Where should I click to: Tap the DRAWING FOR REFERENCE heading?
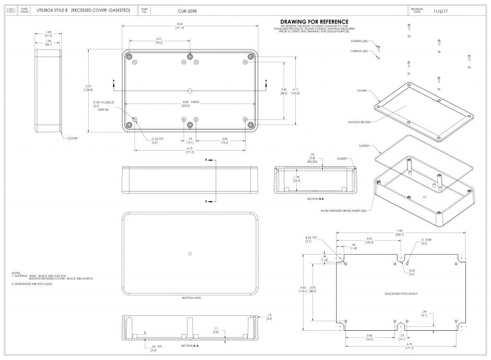[x=314, y=22]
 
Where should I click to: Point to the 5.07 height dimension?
[x=88, y=86]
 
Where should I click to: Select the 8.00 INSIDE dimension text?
[x=190, y=102]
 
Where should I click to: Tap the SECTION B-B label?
[x=316, y=198]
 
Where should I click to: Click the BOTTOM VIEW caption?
[x=191, y=298]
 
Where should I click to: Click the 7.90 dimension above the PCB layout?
[x=399, y=231]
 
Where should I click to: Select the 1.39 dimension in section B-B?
[x=310, y=177]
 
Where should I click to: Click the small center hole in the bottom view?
[x=190, y=253]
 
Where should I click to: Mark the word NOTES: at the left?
[x=16, y=273]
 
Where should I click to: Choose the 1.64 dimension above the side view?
[x=48, y=32]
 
